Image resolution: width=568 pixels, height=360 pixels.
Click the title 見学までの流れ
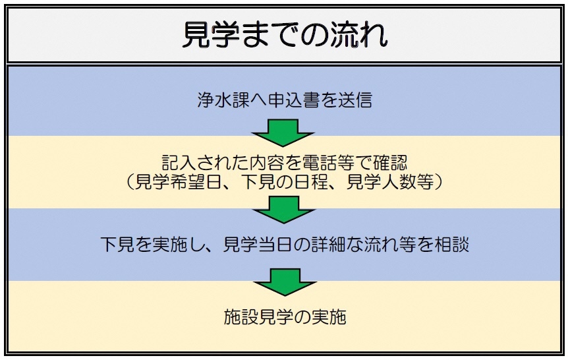(284, 35)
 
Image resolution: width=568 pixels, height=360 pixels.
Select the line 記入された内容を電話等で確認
(284, 163)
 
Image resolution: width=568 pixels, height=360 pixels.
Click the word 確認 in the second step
(390, 163)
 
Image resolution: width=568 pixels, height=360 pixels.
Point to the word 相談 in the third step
(451, 243)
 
